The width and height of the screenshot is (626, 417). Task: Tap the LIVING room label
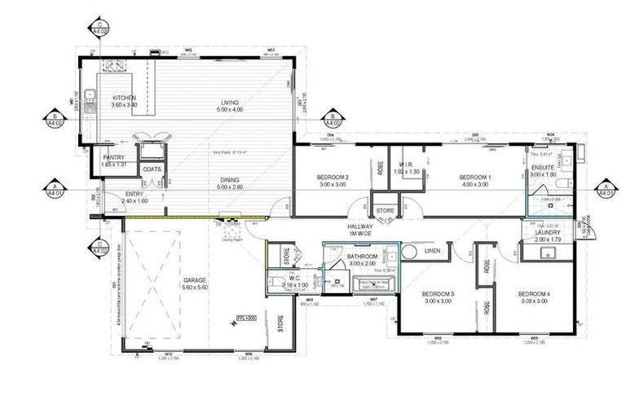(230, 103)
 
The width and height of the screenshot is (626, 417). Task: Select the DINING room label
(230, 181)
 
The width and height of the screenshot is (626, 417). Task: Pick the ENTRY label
(134, 195)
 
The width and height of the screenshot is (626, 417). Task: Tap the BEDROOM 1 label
(475, 177)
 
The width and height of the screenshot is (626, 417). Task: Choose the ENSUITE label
(542, 167)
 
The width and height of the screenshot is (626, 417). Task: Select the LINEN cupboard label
(432, 251)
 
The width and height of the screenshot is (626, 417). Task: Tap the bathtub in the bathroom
(373, 285)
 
